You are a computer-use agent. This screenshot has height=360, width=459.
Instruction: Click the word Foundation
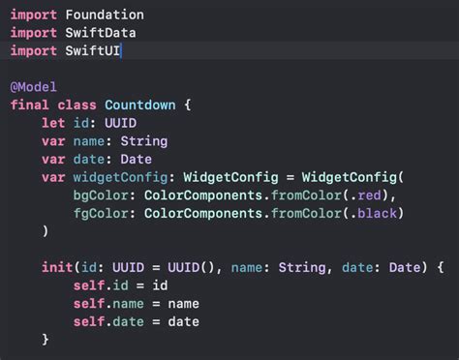click(x=105, y=15)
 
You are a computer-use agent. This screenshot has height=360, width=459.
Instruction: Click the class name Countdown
click(x=140, y=104)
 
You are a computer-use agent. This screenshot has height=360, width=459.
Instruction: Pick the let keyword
click(x=52, y=122)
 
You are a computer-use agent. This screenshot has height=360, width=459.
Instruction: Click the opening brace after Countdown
click(x=189, y=104)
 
